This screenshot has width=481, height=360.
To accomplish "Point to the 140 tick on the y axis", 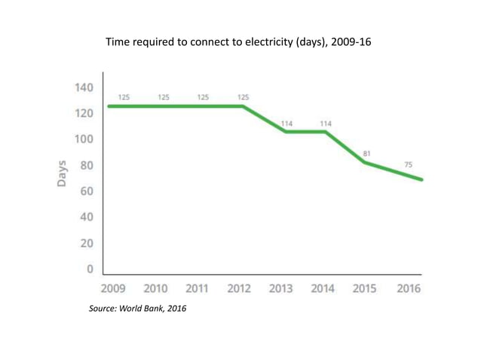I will (84, 87).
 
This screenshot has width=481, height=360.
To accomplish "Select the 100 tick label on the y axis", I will (84, 139).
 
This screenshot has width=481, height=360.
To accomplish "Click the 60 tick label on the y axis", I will (86, 191).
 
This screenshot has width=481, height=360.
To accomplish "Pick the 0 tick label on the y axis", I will (90, 269).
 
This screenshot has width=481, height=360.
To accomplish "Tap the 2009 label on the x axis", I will (114, 288).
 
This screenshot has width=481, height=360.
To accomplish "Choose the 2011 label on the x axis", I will (197, 288).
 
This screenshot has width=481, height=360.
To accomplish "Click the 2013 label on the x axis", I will (281, 288).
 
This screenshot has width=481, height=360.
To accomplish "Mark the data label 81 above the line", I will (366, 153).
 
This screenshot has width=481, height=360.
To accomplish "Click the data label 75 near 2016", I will (408, 164).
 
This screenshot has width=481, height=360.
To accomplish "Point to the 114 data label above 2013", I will (287, 123).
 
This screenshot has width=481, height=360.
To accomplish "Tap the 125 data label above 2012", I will (243, 97).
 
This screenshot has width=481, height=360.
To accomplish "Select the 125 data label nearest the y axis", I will (123, 97).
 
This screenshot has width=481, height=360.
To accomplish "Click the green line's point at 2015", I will (366, 162).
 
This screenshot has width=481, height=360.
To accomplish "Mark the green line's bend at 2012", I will (244, 106).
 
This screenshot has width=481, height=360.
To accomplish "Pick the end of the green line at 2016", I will (421, 179).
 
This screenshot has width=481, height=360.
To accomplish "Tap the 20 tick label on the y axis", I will (86, 243).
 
